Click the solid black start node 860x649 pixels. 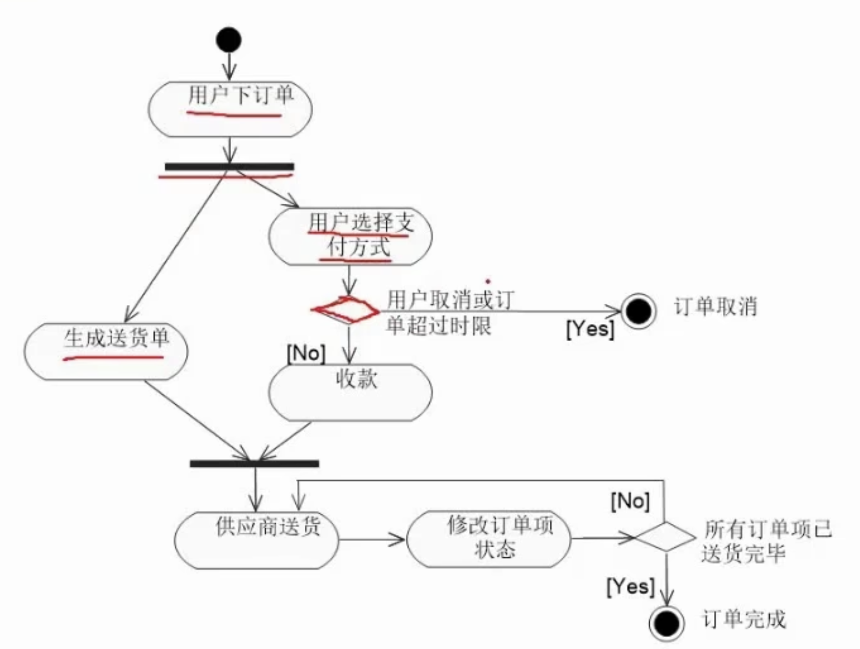point(229,40)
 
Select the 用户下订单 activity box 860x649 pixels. point(230,109)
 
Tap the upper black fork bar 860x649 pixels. point(229,167)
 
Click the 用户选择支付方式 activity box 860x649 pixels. point(350,236)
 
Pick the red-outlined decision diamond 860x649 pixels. point(346,310)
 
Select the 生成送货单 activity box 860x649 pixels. point(106,351)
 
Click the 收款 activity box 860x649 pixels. point(350,392)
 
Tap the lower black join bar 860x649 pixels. point(255,463)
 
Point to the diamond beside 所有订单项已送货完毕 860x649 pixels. point(665,537)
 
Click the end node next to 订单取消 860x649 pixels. point(639,311)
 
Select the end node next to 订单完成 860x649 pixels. point(667,622)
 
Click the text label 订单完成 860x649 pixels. point(744,619)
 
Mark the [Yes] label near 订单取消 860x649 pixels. point(590,329)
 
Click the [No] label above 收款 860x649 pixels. point(306,353)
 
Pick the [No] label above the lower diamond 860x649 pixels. point(630,501)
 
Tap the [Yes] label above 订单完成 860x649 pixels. point(631,586)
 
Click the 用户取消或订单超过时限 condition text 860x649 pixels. point(449,312)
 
